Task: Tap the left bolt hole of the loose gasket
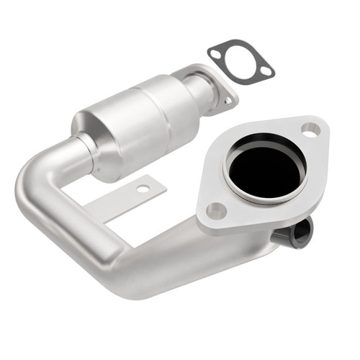[214, 53]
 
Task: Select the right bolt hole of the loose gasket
[266, 71]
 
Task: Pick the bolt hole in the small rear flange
[228, 100]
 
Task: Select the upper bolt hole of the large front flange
[310, 130]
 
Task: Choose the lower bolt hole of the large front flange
[215, 211]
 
